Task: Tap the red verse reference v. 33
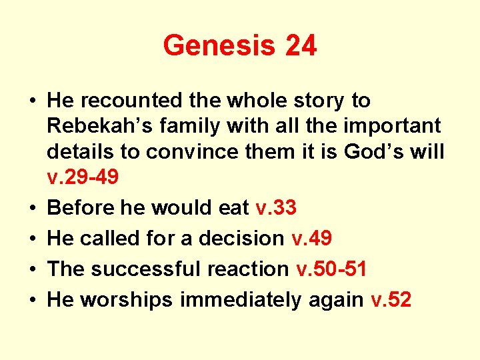coord(276,208)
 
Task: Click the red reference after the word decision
coord(313,239)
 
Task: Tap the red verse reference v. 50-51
coord(331,269)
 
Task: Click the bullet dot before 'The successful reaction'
coord(32,269)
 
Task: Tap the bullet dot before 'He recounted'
coord(32,101)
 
